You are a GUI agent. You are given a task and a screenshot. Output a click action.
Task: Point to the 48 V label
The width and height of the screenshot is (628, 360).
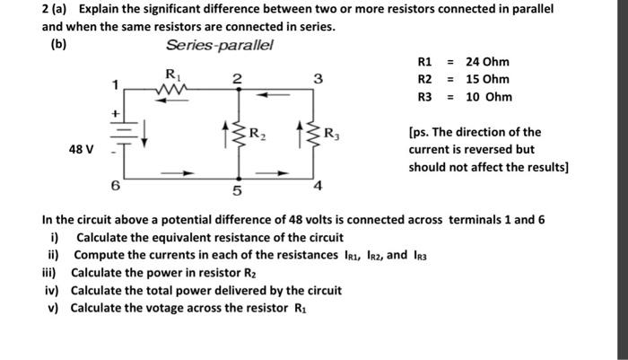pyautogui.click(x=81, y=148)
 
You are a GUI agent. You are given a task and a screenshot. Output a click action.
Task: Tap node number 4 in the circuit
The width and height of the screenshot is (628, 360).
pyautogui.click(x=318, y=186)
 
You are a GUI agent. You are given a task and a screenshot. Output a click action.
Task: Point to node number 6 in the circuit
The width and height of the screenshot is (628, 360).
pyautogui.click(x=114, y=186)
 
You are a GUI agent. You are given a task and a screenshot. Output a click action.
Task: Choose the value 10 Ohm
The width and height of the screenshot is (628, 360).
pyautogui.click(x=489, y=96)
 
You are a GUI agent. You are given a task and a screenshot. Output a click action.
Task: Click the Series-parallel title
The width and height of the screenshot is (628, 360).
pyautogui.click(x=220, y=45)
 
